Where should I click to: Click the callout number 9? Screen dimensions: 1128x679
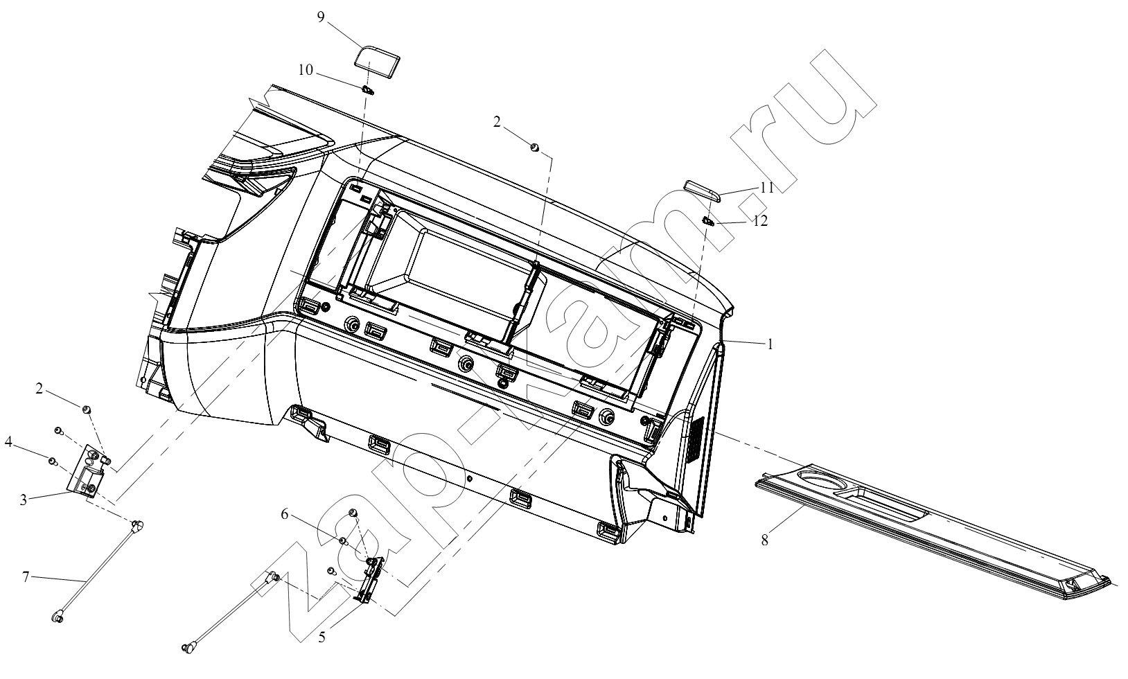click(x=321, y=17)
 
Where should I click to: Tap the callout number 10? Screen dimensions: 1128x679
click(x=306, y=70)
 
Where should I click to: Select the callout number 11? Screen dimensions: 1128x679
click(x=767, y=188)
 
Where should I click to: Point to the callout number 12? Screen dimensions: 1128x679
click(x=760, y=220)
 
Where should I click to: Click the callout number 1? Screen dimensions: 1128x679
click(x=770, y=344)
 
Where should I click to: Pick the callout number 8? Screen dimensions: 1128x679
click(x=764, y=540)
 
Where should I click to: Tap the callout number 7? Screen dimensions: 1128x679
click(x=26, y=576)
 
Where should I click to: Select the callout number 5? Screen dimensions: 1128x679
click(x=321, y=637)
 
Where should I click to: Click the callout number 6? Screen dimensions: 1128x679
click(x=285, y=514)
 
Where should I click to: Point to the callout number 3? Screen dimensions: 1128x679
click(x=23, y=500)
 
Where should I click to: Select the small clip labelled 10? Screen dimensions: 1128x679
click(x=369, y=91)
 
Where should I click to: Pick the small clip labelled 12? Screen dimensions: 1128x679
click(x=708, y=220)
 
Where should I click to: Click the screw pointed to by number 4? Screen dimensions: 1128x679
click(x=52, y=460)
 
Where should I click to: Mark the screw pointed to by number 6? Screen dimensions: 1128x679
click(x=343, y=541)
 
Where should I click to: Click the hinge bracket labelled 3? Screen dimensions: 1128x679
click(x=87, y=471)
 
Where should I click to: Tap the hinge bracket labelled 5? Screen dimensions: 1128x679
click(x=371, y=579)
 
